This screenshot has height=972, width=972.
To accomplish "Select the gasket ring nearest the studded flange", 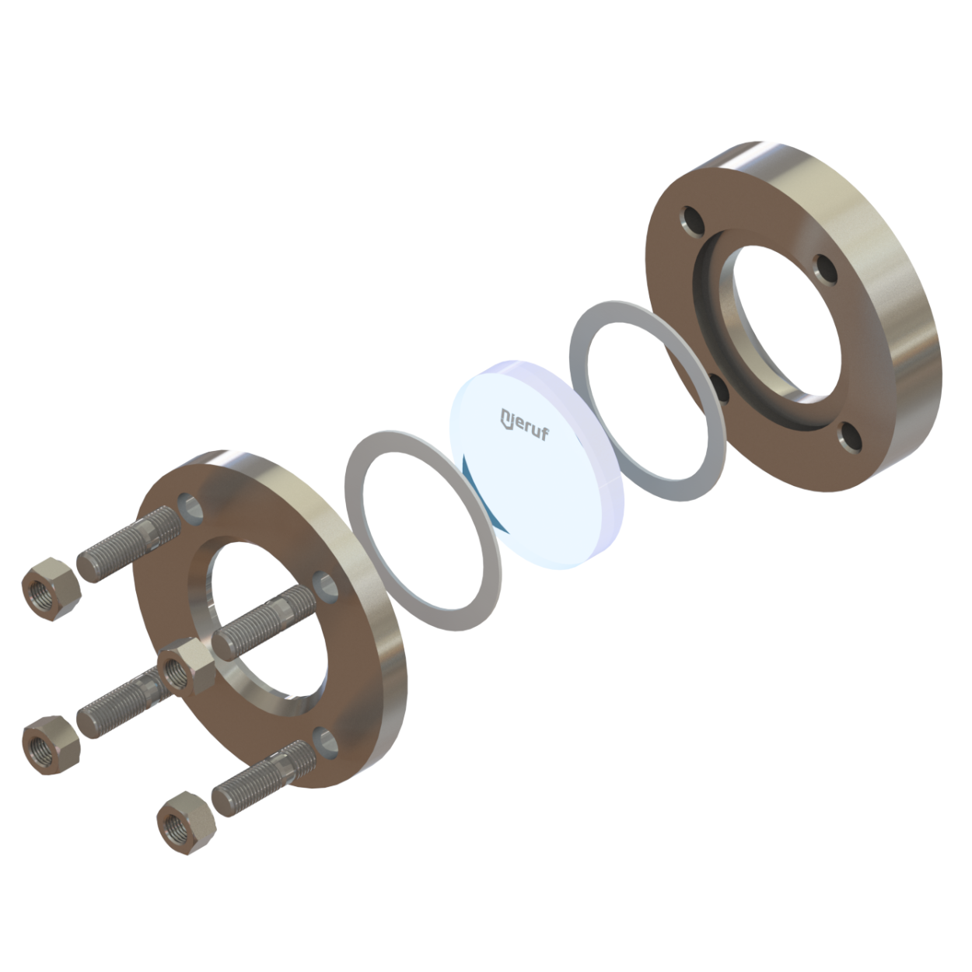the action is tap(423, 531).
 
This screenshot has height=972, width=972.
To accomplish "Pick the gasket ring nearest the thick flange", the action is tap(648, 401).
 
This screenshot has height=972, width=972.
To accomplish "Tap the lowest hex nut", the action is tap(187, 823).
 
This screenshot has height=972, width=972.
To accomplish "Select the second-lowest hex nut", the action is tap(51, 745).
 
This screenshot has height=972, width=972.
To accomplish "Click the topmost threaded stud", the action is tap(129, 544).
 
